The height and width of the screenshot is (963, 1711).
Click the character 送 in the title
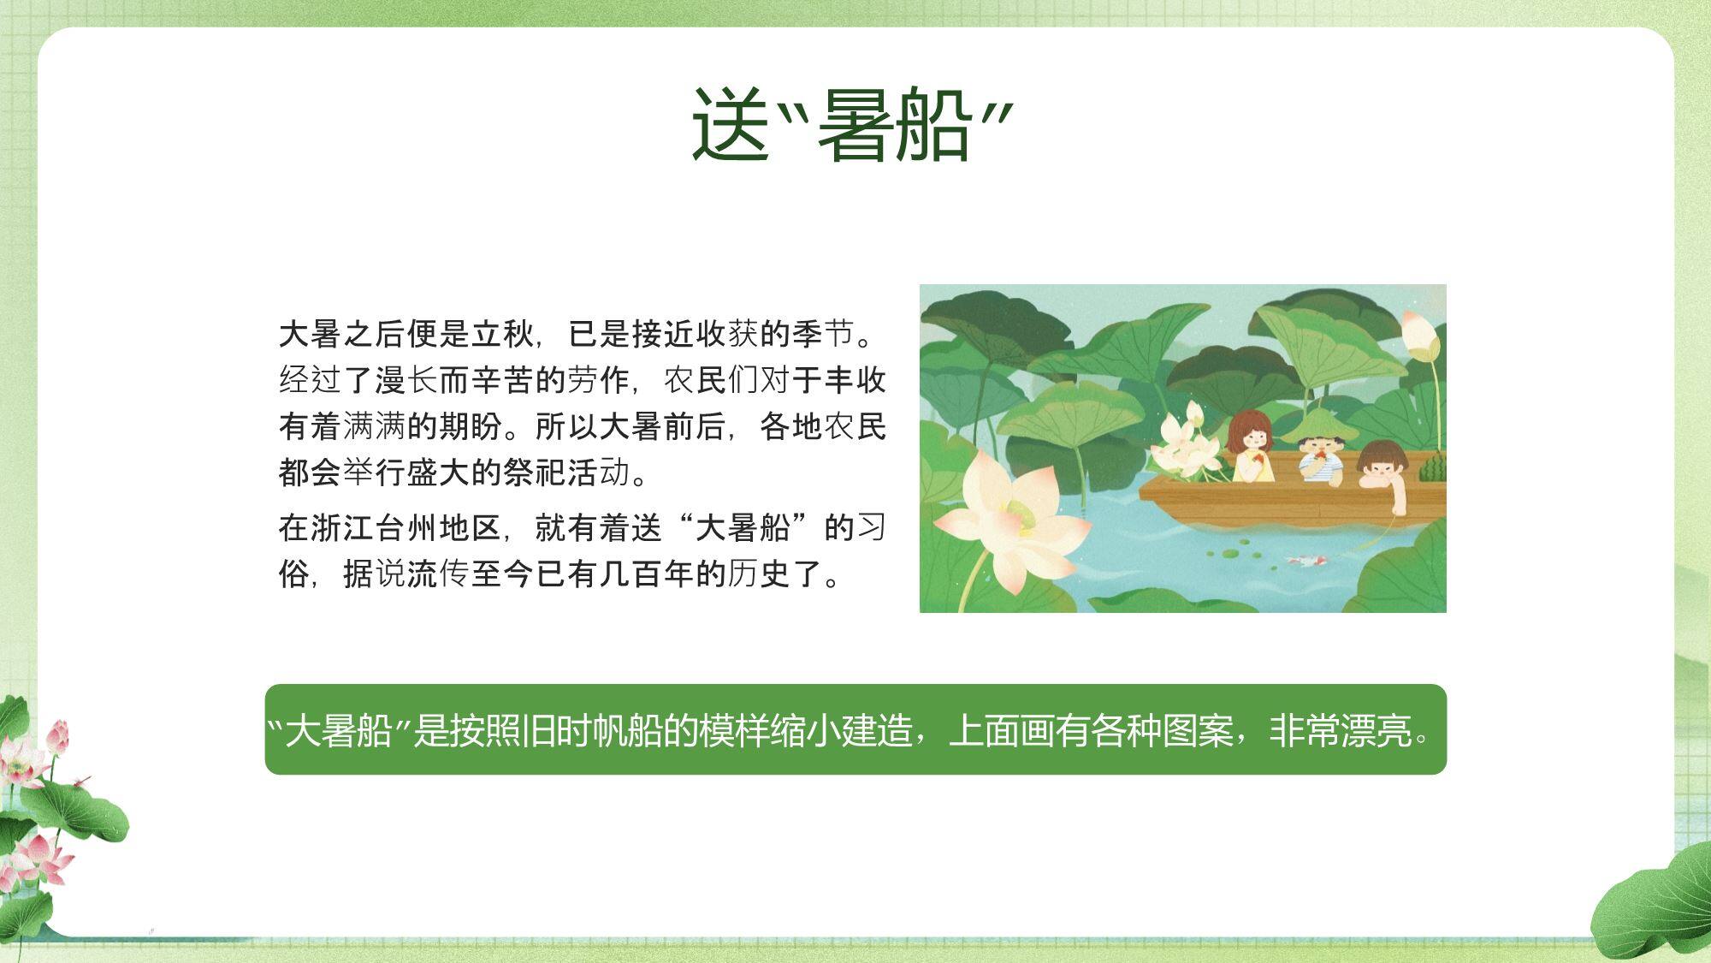tap(730, 124)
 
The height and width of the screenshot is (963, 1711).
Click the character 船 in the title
tap(932, 124)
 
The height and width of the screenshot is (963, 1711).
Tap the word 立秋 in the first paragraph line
tap(503, 334)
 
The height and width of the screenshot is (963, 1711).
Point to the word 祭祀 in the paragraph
tap(535, 472)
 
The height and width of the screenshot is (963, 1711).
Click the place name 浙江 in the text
tap(342, 527)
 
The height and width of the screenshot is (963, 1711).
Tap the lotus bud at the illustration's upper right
tap(1421, 336)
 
